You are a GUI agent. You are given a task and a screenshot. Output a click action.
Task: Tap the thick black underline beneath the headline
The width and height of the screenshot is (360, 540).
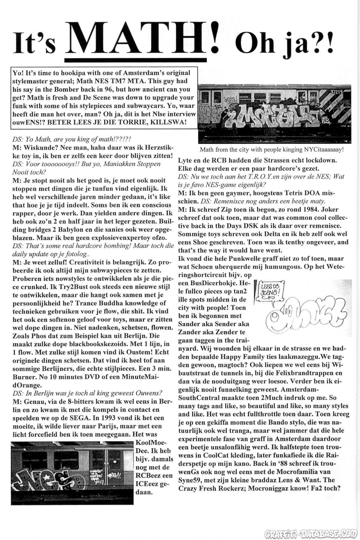(135, 60)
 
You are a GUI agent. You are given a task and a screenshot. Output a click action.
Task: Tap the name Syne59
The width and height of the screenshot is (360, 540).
(188, 480)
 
